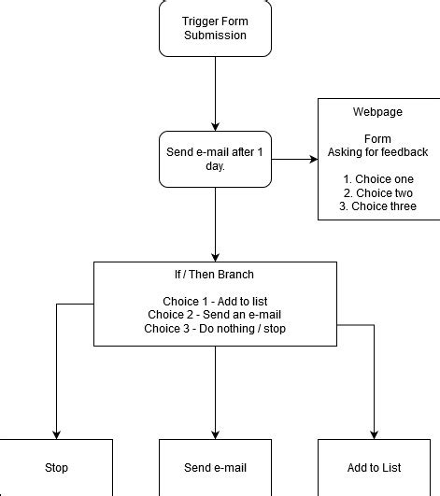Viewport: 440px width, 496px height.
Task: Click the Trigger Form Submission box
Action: click(x=215, y=28)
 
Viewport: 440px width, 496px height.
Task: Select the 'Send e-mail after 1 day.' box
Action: click(x=215, y=159)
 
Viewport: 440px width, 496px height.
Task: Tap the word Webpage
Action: click(x=377, y=112)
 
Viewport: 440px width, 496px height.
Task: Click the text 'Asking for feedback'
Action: click(x=377, y=152)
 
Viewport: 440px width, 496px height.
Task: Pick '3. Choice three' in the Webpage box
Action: click(x=377, y=206)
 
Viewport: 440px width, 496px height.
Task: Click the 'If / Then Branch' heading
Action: click(x=215, y=276)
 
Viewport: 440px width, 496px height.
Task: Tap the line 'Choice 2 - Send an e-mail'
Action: click(x=215, y=316)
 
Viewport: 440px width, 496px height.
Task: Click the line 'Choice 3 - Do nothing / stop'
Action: click(x=215, y=329)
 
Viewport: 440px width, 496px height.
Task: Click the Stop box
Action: click(x=56, y=467)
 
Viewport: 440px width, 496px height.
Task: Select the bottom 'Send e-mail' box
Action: click(x=215, y=467)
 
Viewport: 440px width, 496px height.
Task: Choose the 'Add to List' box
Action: click(x=374, y=467)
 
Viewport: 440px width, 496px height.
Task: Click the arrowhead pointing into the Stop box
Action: click(x=56, y=433)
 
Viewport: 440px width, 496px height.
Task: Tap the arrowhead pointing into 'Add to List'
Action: click(x=374, y=433)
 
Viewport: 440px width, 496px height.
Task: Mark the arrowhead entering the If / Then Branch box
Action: click(x=215, y=256)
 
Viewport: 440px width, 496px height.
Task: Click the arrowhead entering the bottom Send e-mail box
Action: click(x=215, y=433)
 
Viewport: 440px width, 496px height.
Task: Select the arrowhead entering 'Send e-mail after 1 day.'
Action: click(x=215, y=125)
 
